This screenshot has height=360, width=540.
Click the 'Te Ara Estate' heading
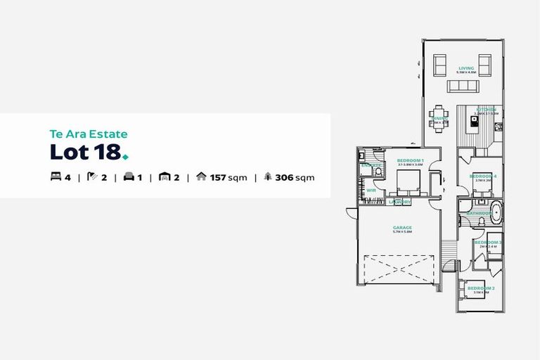tap(88, 132)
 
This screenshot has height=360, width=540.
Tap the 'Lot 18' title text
tap(85, 151)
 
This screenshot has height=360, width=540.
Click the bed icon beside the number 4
tap(56, 177)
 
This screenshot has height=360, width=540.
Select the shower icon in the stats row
tap(91, 177)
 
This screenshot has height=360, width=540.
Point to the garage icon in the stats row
tap(165, 177)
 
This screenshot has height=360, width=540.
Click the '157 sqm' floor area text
tap(229, 177)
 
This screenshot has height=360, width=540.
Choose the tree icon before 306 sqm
tap(268, 177)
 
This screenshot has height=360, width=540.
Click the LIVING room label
tap(465, 68)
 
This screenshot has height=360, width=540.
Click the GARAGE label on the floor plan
tap(402, 227)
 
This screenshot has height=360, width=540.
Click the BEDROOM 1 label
tap(409, 161)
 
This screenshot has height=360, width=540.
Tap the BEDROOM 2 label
tap(481, 288)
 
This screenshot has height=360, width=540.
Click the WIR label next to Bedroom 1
tap(371, 190)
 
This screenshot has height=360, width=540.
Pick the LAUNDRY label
tap(399, 202)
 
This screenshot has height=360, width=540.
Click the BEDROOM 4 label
tap(483, 176)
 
